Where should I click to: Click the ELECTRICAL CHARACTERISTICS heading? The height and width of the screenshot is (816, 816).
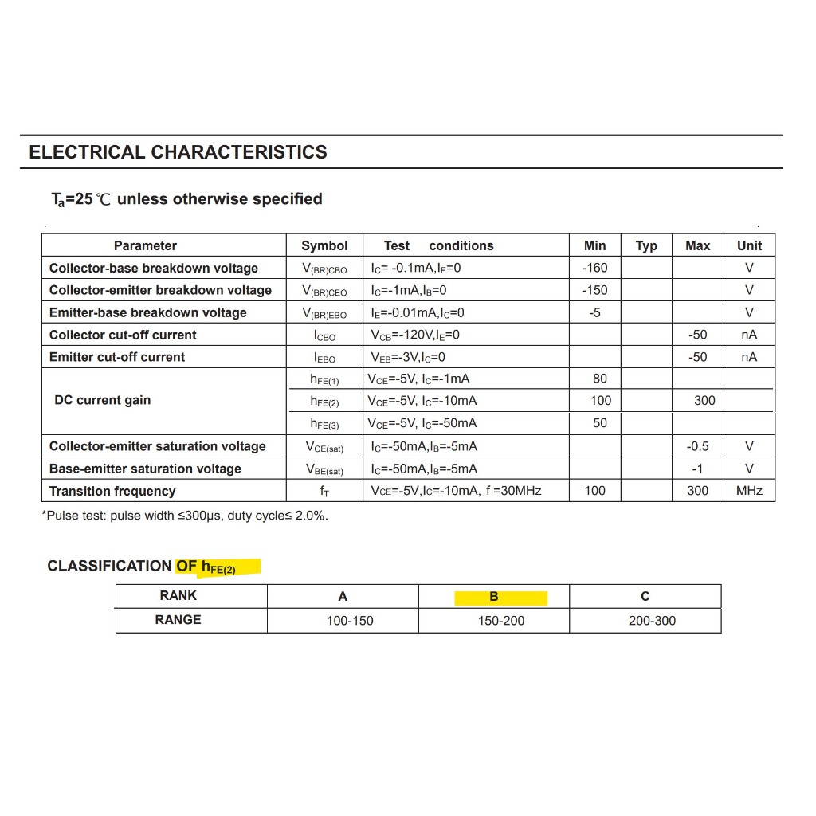178,152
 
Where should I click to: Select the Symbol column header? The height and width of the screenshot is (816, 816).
324,245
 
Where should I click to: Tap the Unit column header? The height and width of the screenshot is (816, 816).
749,245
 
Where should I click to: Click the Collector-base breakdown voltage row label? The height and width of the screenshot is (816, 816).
154,268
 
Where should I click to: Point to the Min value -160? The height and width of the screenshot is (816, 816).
594,268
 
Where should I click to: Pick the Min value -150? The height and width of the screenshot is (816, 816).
594,290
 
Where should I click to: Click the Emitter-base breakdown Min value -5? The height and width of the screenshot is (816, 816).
594,312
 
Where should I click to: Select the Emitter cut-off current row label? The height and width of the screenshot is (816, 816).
117,357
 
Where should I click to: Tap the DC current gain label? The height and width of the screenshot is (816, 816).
102,400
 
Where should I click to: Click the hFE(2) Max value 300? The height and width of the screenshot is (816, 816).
704,400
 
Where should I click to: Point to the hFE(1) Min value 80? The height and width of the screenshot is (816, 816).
600,379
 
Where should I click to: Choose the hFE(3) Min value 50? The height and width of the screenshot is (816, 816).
600,423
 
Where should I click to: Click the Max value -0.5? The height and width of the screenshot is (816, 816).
698,446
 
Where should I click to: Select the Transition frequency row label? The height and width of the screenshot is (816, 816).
112,491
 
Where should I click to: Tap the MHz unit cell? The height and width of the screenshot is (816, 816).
749,491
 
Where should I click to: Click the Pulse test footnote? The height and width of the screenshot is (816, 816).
185,516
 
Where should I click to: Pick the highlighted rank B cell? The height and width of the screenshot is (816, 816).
494,596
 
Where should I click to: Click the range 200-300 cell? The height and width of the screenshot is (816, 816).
652,621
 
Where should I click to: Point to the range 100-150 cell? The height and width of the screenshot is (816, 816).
350,621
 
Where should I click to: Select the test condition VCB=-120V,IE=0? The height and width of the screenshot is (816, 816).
415,335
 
